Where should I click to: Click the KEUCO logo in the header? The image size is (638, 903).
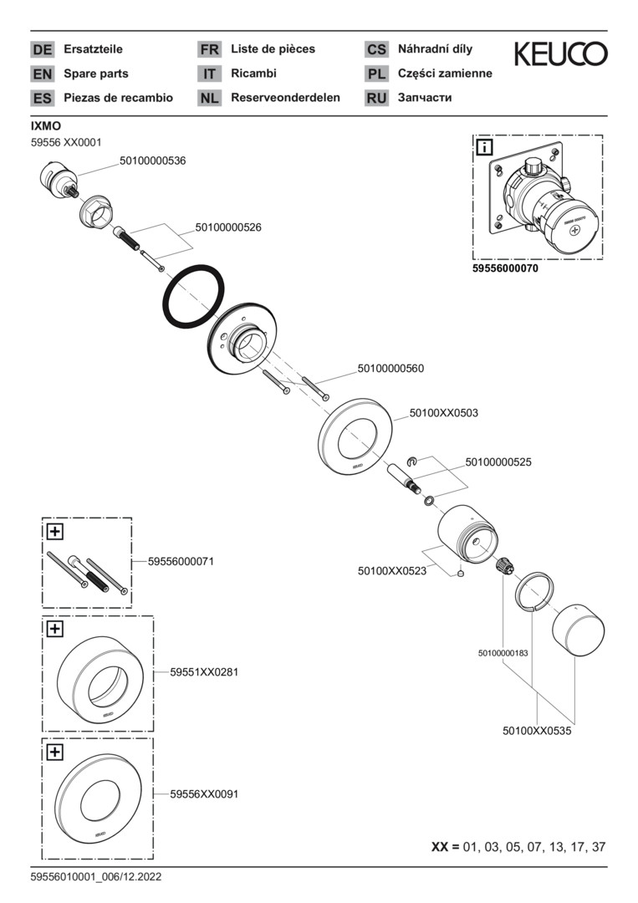pos(560,54)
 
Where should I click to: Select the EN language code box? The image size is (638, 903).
pos(42,74)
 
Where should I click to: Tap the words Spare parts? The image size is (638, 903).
pos(96,74)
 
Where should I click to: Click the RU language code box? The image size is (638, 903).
pos(376,98)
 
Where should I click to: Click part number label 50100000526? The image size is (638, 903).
pos(228,227)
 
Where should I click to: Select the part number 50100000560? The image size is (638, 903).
pos(391,368)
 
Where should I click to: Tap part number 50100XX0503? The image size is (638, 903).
pos(444,412)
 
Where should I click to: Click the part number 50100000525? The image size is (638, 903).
pos(498,461)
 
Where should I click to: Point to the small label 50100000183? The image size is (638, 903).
pos(503,652)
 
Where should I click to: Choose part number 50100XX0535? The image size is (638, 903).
pos(537,730)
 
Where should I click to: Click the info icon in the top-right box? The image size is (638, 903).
pos(484,148)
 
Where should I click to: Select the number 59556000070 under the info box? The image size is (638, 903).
pos(505,270)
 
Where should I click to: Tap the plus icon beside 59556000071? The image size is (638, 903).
pos(55,531)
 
